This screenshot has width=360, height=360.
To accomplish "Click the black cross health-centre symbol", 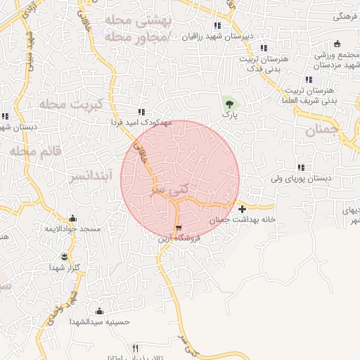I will pos(242,209).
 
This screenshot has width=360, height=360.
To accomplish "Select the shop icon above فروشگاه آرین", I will pos(178,227).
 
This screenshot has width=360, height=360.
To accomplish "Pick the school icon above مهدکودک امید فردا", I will pos(141,111).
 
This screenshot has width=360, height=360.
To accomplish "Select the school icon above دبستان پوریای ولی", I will pos(302,168).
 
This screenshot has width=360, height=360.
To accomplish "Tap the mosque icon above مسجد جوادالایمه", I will pos(72,219).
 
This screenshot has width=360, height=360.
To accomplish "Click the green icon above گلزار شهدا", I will pos(65,256).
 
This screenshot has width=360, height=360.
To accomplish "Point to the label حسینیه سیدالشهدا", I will pos(99,321).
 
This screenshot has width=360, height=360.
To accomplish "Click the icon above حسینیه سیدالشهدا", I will pos(98,311).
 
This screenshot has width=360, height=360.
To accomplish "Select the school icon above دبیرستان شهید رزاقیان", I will pos(217,26).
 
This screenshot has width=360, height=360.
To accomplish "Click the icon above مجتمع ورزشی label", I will pos(337,44).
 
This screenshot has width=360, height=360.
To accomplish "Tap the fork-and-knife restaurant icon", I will pos(136,348).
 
